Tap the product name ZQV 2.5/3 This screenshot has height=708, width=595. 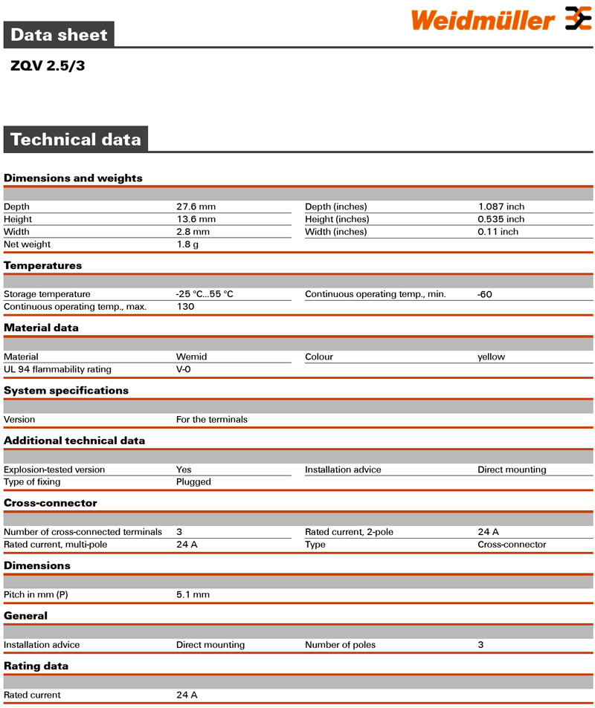[x=48, y=65]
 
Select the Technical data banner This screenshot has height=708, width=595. [x=75, y=140]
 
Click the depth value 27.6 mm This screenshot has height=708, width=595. [x=196, y=207]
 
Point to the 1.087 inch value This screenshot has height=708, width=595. [x=501, y=207]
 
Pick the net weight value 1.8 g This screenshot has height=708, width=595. [x=187, y=244]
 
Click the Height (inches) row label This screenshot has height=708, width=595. [x=337, y=219]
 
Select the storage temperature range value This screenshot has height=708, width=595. [x=205, y=294]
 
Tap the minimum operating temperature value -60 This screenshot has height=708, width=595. [x=485, y=294]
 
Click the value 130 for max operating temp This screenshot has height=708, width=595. [x=185, y=307]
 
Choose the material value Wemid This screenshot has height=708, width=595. [x=191, y=357]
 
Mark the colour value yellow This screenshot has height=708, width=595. [x=491, y=357]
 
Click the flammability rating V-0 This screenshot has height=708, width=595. [x=184, y=369]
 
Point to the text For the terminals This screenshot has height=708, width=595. [x=211, y=420]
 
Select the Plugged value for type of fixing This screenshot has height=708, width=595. [x=193, y=482]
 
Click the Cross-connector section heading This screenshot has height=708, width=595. [x=51, y=503]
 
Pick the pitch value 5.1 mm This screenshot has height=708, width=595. [x=193, y=595]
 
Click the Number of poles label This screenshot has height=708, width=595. [x=340, y=645]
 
